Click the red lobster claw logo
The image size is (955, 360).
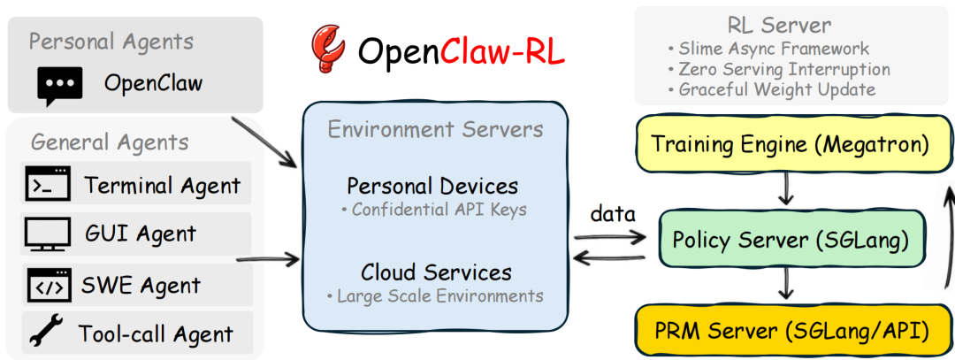point(328,50)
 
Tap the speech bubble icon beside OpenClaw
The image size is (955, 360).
point(59,85)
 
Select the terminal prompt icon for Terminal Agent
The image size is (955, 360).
point(47,185)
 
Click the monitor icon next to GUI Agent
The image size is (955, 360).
point(47,234)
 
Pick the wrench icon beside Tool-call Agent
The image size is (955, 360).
point(45,333)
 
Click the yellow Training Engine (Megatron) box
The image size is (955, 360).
point(783,143)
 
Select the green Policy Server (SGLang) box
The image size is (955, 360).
point(783,239)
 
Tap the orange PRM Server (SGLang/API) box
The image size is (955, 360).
point(783,332)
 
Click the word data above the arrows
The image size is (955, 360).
point(613,214)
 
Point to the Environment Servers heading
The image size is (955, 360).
point(435,130)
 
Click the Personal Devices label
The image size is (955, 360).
point(432,187)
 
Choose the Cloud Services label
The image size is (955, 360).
point(435,272)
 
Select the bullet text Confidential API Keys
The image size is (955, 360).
point(433,210)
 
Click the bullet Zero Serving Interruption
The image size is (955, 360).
point(778,69)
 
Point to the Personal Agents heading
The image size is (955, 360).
point(111,41)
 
